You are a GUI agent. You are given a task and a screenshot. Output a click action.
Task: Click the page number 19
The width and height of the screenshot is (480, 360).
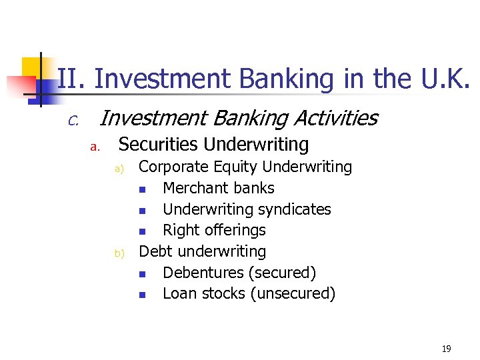[x=446, y=349]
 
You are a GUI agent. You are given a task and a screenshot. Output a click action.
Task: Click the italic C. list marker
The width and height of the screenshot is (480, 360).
[x=73, y=121]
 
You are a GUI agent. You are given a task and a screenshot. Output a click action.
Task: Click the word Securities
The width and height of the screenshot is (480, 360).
[x=159, y=145]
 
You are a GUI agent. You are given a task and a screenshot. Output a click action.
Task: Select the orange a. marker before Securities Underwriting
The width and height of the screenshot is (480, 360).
[x=95, y=147]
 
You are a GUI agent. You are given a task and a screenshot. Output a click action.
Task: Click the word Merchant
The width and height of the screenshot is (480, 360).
[x=192, y=188]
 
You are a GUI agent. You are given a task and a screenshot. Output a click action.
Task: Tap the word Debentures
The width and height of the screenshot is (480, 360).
[x=203, y=273]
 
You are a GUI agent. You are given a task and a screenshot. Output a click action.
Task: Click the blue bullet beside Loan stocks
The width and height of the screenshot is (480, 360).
[x=143, y=295]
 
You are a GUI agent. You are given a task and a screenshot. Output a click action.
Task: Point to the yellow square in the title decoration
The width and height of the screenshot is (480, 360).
[x=31, y=67]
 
